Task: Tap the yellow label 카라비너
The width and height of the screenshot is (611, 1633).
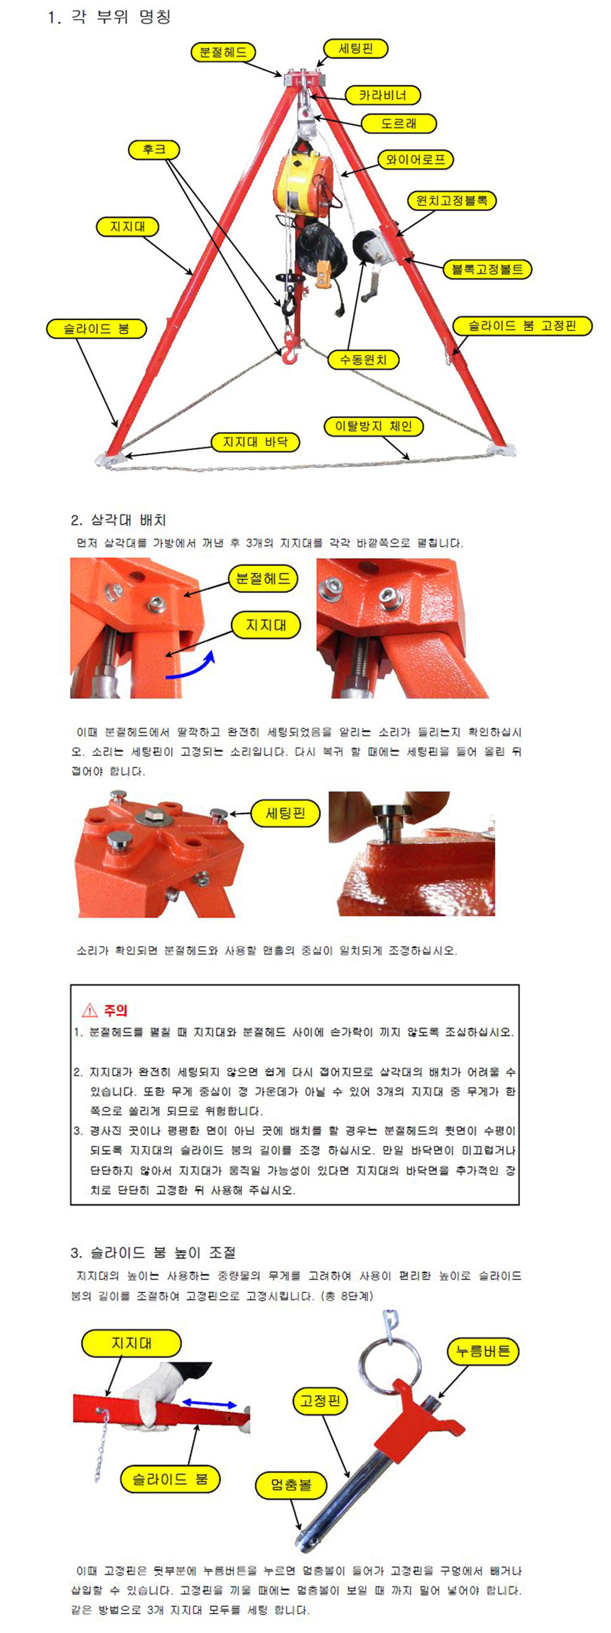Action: click(382, 95)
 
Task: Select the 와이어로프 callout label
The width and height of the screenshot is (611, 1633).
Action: click(416, 160)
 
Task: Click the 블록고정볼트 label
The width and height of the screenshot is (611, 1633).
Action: click(487, 269)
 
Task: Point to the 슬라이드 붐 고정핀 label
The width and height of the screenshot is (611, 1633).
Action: click(521, 327)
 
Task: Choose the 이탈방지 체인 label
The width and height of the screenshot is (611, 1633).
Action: click(374, 426)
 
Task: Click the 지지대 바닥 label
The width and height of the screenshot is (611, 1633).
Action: click(256, 442)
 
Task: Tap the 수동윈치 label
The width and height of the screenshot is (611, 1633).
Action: click(363, 359)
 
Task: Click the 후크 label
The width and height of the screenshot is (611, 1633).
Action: click(154, 149)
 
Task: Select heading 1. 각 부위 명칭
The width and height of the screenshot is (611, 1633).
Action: click(110, 17)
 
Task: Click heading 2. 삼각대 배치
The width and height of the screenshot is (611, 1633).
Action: click(119, 520)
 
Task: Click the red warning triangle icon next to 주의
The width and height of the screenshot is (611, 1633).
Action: click(90, 1010)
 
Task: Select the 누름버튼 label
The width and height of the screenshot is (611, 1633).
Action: click(483, 1351)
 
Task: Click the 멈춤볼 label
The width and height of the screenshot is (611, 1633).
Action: click(291, 1485)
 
